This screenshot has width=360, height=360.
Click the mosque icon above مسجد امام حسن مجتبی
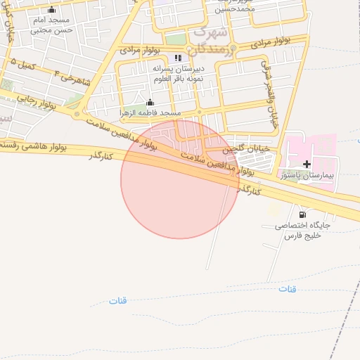(x=51, y=10)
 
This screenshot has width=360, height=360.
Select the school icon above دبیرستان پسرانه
(x=178, y=58)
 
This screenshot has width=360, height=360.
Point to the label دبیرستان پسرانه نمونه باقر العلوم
(x=178, y=75)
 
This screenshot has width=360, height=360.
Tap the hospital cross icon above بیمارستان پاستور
(x=307, y=164)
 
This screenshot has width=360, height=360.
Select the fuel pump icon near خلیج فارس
(x=302, y=214)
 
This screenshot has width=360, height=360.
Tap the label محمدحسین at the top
(x=234, y=10)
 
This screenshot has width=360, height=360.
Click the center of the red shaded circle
(x=180, y=179)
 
